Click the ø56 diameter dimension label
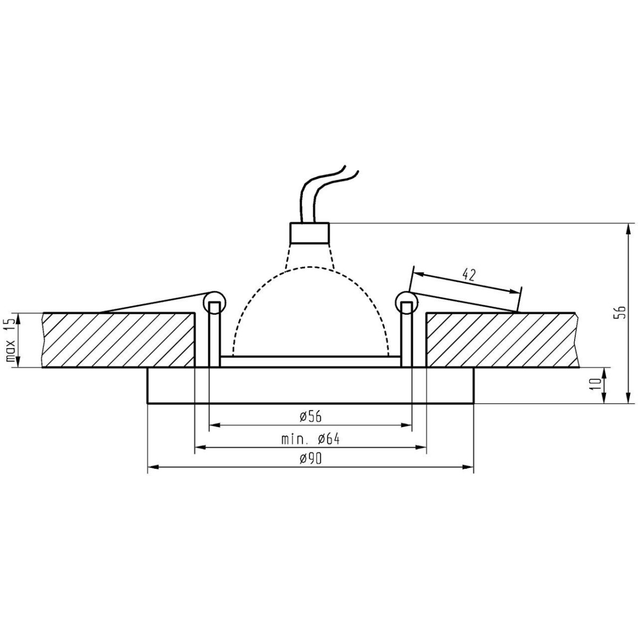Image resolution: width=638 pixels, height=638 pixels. (x=310, y=417)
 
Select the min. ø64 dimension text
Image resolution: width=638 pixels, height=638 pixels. (x=310, y=440)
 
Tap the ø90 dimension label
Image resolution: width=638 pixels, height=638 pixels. (x=310, y=459)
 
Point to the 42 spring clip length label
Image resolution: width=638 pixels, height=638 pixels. (x=468, y=275)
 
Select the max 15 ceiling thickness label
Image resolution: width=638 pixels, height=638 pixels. (x=11, y=341)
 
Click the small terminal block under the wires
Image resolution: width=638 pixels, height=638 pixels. (x=309, y=232)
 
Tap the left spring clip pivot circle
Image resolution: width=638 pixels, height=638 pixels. (x=214, y=301)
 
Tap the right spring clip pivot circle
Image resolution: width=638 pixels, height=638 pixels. (x=406, y=301)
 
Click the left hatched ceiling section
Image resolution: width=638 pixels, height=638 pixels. (x=117, y=340)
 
